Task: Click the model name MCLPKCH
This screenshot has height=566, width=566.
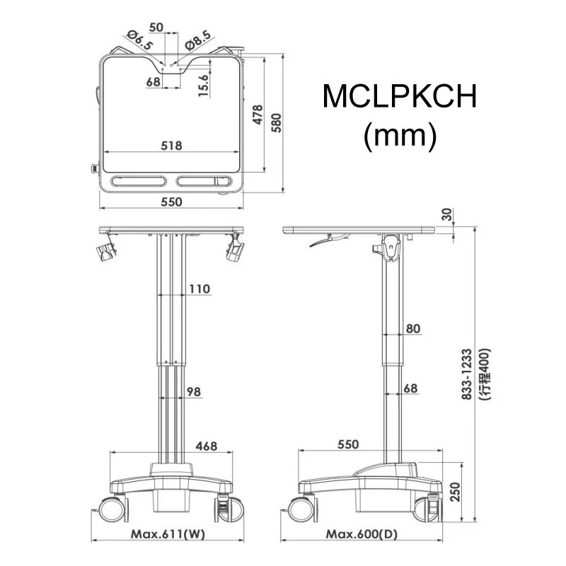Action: (x=400, y=97)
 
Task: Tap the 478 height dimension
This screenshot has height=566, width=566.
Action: (x=258, y=116)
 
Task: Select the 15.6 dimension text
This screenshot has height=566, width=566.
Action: (x=203, y=86)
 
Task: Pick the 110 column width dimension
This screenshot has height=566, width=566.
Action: (x=200, y=289)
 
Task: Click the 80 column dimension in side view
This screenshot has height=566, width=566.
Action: (x=413, y=328)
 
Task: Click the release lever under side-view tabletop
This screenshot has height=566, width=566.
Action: (x=322, y=243)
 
